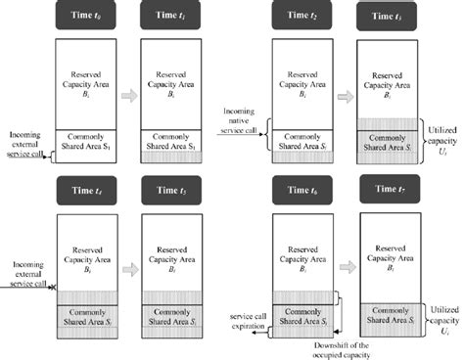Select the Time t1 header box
tap(165, 17)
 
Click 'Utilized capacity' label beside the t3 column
tap(441, 136)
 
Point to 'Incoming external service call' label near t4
tap(27, 270)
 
